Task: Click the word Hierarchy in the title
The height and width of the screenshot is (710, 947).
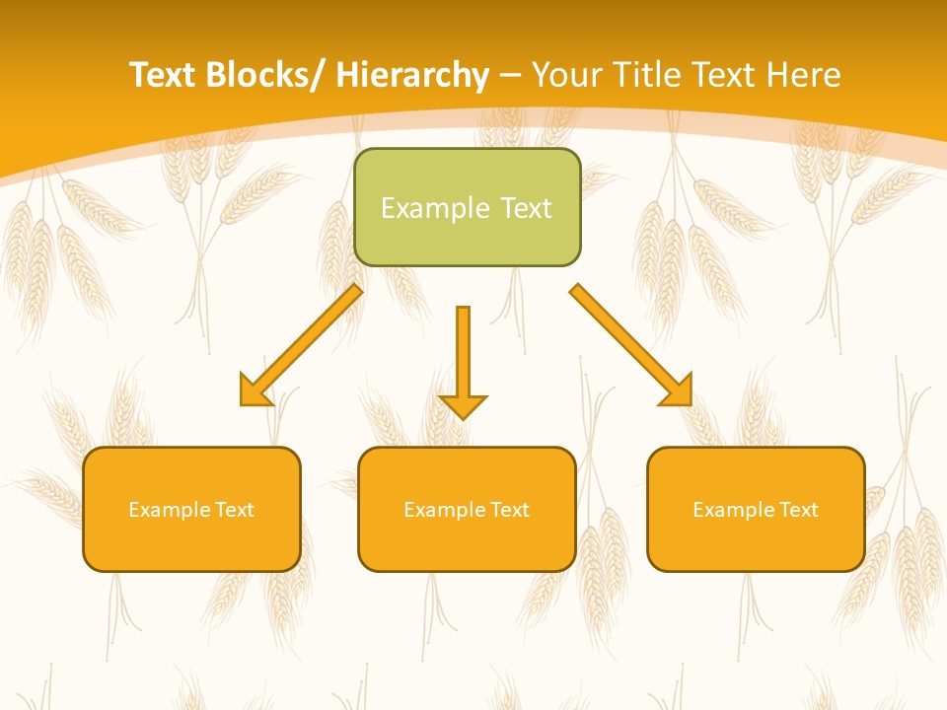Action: pos(412,75)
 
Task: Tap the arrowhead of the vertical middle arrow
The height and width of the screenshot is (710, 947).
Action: pos(463,406)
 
